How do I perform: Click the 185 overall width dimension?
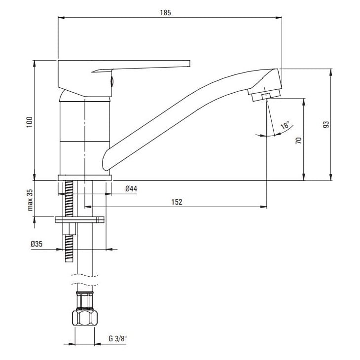pos(165,13)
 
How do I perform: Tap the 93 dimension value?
pos(325,125)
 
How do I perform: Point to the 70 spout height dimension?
pos(297,140)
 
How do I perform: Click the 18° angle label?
pos(285,126)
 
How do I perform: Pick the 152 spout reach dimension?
pos(177,201)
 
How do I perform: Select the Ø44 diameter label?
pos(131,188)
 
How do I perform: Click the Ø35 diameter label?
pos(37,244)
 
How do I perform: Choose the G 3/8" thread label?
pos(117,338)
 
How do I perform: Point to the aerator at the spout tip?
pos(263,95)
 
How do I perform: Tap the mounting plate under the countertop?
pos(80,220)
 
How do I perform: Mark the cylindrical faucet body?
pos(84,136)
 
